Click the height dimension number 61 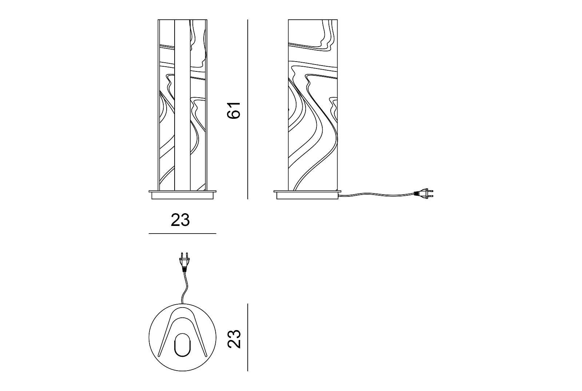[234, 109]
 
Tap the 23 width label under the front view [180, 220]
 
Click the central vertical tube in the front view [182, 106]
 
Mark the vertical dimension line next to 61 [248, 109]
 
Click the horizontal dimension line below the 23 [183, 233]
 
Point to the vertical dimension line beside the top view [248, 337]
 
